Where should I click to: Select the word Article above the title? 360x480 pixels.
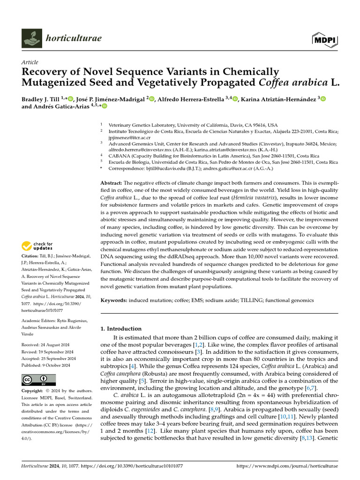[x=30, y=62]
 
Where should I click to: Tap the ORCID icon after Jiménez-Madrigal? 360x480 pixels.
[x=153, y=98]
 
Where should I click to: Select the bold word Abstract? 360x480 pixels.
[x=112, y=182]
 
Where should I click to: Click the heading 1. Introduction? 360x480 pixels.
[x=121, y=329]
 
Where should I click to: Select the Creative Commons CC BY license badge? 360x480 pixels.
[x=38, y=380]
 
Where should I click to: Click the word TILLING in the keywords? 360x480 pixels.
[x=240, y=300]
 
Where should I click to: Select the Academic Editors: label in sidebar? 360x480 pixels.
[x=39, y=320]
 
